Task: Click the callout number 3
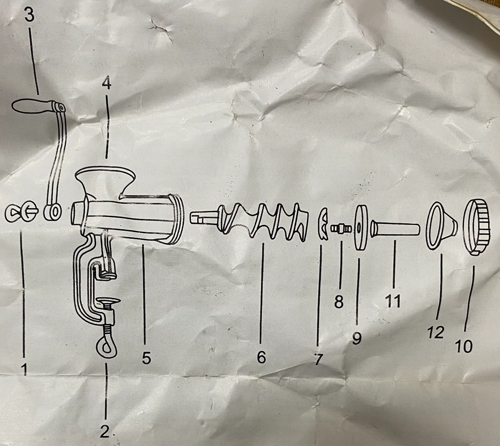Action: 29,16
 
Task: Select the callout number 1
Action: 24,369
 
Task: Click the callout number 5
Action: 147,358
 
